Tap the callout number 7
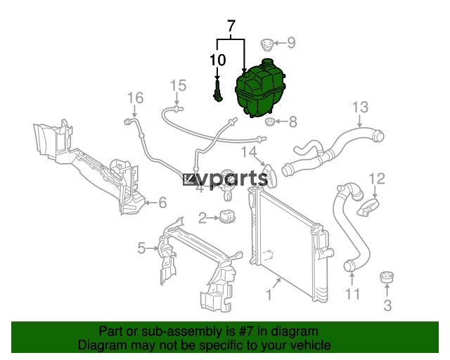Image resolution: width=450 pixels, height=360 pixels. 231,26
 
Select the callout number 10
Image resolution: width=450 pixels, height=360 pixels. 217,60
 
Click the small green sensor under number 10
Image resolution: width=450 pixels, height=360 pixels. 218,91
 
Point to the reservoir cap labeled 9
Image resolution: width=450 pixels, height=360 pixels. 266,45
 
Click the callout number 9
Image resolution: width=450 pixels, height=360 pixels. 290,43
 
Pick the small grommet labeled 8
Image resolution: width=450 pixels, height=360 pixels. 269,122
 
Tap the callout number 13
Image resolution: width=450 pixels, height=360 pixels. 360,107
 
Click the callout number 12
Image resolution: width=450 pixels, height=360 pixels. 377,179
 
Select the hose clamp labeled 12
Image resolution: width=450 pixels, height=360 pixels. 368,207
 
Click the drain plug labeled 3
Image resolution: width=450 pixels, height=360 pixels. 387,277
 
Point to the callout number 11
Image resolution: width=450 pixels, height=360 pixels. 352,294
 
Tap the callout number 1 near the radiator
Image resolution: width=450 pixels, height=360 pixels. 269,295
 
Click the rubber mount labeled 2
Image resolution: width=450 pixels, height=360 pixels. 227,216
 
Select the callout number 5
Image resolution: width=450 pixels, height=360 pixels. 141,248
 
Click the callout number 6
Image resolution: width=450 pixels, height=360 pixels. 162,202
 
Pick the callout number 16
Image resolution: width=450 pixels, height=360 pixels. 135,98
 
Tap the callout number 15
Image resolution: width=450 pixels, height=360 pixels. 178,85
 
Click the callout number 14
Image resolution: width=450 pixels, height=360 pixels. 248,152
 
